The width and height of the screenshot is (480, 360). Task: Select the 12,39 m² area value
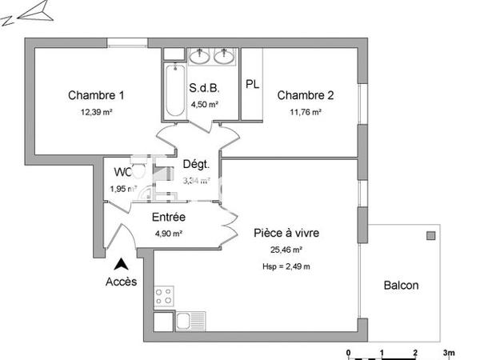pyautogui.click(x=95, y=113)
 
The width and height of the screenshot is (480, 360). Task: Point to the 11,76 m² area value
pyautogui.click(x=306, y=113)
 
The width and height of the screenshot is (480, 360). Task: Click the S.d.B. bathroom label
pyautogui.click(x=204, y=88)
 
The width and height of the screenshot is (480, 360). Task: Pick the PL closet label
pyautogui.click(x=252, y=84)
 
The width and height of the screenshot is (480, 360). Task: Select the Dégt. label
pyautogui.click(x=196, y=164)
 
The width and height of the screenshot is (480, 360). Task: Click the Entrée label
pyautogui.click(x=169, y=217)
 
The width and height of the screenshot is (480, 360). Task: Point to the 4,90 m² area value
pyautogui.click(x=169, y=234)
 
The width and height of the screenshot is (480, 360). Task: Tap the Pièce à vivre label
pyautogui.click(x=287, y=234)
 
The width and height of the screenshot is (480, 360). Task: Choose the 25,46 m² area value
pyautogui.click(x=287, y=250)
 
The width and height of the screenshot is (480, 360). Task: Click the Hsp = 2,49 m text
pyautogui.click(x=287, y=266)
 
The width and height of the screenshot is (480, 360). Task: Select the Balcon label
pyautogui.click(x=401, y=286)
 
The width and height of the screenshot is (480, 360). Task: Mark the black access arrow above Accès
pyautogui.click(x=121, y=263)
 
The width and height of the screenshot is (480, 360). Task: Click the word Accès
pyautogui.click(x=121, y=282)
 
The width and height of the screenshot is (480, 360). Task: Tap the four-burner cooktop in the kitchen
pyautogui.click(x=165, y=297)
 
